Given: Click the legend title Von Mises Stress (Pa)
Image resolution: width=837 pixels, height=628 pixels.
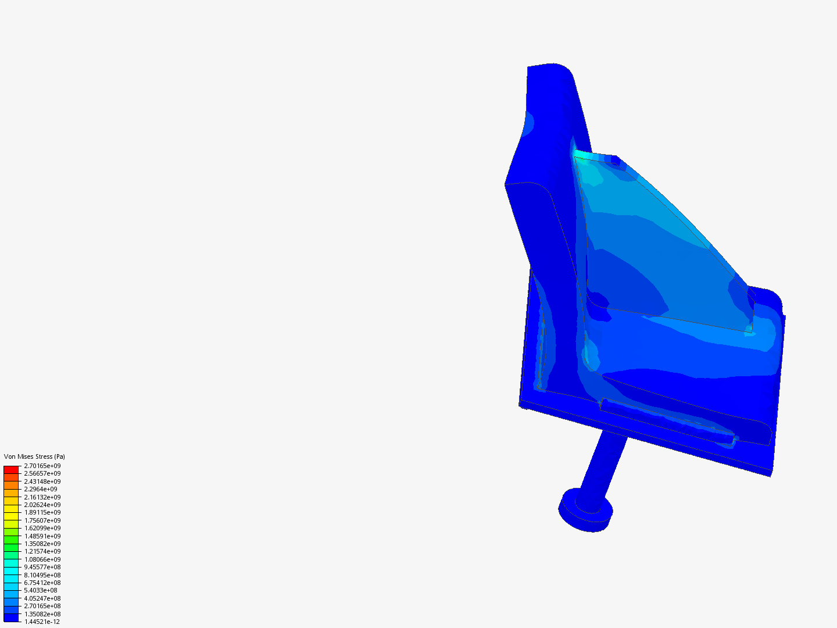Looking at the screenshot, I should click(x=34, y=456).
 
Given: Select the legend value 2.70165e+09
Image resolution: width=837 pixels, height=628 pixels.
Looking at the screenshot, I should click(x=42, y=466).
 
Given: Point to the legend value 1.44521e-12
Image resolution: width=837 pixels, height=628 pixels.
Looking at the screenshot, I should click(x=42, y=622).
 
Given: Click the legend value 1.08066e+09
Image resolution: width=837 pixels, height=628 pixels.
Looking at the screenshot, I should click(x=42, y=559).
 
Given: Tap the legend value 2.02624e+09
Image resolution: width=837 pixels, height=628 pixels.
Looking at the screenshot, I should click(x=42, y=505).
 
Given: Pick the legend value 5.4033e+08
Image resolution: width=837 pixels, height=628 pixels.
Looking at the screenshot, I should click(x=41, y=590).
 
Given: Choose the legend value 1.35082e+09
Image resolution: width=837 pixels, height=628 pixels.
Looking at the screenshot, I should click(x=42, y=544).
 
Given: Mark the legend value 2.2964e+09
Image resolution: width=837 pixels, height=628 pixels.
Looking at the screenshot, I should click(x=41, y=489).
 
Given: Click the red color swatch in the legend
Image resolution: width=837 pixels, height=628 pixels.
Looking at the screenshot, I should click(x=11, y=469).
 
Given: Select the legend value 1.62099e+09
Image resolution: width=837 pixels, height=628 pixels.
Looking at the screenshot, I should click(x=42, y=528).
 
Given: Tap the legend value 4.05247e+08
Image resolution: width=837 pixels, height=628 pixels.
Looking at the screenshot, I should click(x=42, y=598).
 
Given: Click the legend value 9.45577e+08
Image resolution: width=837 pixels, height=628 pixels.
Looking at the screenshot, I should click(x=42, y=567).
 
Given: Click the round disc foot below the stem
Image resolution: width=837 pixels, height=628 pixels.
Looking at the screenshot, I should click(x=586, y=510).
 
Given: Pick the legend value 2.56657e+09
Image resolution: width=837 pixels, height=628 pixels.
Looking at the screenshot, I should click(x=42, y=473).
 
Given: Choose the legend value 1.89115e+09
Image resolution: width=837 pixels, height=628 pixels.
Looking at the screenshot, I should click(x=42, y=512).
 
